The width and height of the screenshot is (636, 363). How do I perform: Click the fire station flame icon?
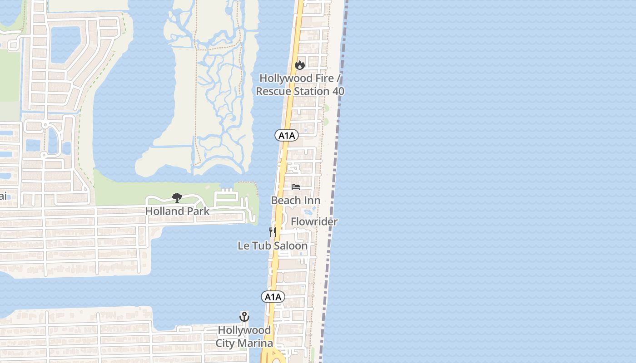point(299,65)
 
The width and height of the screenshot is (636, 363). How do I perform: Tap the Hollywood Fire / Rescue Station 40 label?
point(300,85)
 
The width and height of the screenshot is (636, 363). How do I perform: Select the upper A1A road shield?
point(287,135)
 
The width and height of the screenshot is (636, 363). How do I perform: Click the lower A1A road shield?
point(273,297)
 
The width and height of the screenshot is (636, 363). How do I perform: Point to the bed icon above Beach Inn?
point(296,187)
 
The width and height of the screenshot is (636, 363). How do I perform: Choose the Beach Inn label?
point(296,200)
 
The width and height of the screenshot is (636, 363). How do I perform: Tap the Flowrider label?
point(314,221)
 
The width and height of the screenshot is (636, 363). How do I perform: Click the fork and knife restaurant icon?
point(273,232)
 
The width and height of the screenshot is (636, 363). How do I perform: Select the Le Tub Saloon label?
point(273,245)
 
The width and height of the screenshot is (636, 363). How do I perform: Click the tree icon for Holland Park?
point(177,197)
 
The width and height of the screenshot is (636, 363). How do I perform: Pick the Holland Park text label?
point(178,211)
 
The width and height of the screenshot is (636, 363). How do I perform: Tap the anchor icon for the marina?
point(244,317)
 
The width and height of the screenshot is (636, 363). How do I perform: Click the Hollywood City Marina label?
point(244,336)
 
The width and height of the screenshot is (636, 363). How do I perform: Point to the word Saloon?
point(290,245)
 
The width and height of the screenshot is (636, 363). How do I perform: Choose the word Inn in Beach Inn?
point(312,200)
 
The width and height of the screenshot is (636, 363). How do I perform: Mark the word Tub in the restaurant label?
point(261,245)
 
